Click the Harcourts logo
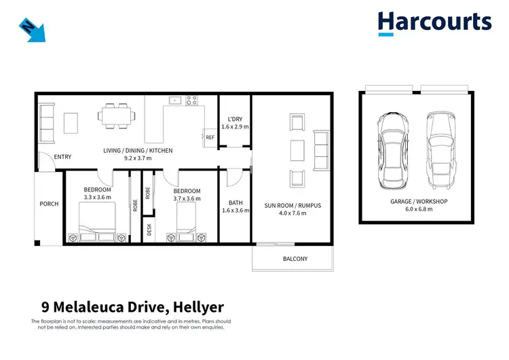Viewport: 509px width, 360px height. click(434, 22)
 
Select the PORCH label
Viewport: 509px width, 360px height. click(49, 204)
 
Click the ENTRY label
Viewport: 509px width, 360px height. click(62, 157)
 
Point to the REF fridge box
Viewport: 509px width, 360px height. click(210, 137)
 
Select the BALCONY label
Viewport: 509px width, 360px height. click(295, 259)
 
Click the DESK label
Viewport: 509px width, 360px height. click(149, 230)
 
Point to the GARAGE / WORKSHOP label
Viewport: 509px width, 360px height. click(418, 202)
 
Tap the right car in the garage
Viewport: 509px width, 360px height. click(438, 150)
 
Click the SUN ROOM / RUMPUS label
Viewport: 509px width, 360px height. click(292, 205)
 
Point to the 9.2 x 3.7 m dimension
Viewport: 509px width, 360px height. click(138, 158)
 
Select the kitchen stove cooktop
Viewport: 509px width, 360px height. click(191, 101)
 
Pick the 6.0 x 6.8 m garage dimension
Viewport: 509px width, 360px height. click(418, 209)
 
